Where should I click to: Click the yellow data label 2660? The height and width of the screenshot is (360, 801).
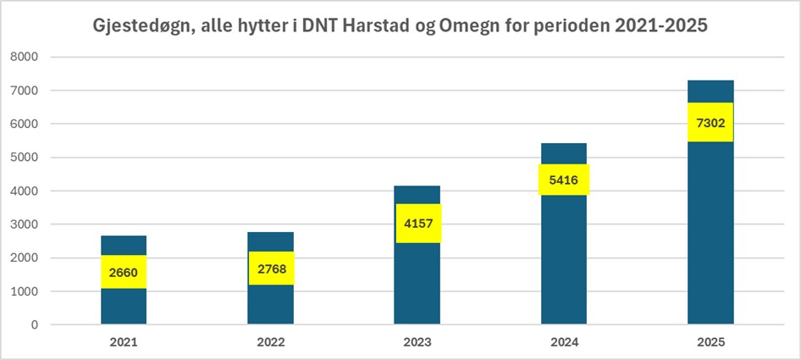click(x=124, y=272)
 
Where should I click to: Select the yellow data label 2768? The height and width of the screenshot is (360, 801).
click(x=271, y=268)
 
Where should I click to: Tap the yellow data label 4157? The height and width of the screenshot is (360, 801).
click(x=417, y=224)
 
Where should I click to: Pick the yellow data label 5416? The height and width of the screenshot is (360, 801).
click(x=564, y=180)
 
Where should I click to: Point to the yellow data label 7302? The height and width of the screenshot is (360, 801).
click(x=710, y=123)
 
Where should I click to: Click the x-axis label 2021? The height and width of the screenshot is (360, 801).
click(x=124, y=343)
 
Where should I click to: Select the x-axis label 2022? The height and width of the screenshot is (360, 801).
click(x=271, y=343)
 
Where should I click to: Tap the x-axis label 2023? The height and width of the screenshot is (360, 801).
click(x=417, y=343)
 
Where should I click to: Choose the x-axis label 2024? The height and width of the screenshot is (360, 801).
click(x=564, y=343)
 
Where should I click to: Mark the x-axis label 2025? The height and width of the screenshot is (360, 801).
click(x=710, y=343)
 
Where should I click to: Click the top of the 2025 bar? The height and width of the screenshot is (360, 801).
click(x=710, y=81)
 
